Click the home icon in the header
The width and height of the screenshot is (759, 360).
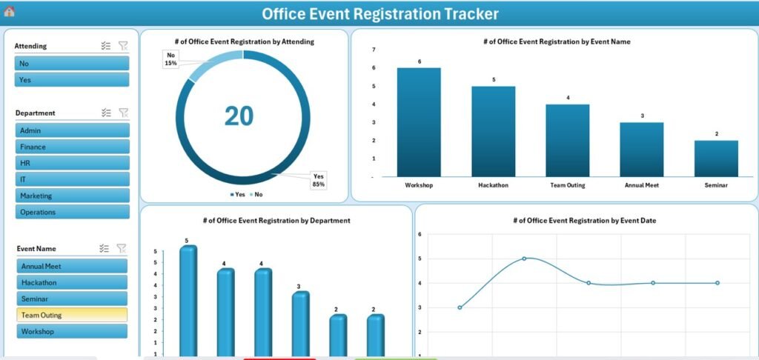click(x=9, y=12)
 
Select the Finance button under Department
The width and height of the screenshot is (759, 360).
click(x=72, y=147)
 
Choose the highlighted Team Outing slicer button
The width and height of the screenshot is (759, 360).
click(x=72, y=315)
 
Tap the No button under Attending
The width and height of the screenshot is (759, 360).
click(x=72, y=64)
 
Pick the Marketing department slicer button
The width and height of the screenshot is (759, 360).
click(x=72, y=196)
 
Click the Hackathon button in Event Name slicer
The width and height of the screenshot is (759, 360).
click(x=72, y=282)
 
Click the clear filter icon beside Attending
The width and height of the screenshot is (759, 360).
click(x=123, y=46)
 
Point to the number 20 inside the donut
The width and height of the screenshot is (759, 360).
click(x=239, y=115)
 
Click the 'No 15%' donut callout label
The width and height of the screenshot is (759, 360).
click(x=171, y=59)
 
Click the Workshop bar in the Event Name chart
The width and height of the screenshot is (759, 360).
click(x=419, y=122)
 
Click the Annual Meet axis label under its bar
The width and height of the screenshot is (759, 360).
click(x=642, y=185)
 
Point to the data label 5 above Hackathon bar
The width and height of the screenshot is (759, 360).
click(x=494, y=79)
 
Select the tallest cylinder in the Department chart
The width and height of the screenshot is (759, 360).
click(x=188, y=300)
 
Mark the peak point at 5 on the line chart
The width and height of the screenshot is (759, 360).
click(x=524, y=259)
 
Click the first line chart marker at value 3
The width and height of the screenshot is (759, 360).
click(x=460, y=307)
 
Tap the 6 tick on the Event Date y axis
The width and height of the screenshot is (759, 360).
click(x=420, y=234)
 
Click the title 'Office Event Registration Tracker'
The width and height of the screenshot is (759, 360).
click(x=380, y=13)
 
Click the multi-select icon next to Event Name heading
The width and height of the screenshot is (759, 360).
click(x=106, y=249)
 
